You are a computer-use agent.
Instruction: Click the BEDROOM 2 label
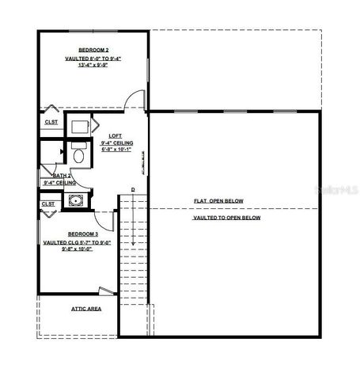pos(93,50)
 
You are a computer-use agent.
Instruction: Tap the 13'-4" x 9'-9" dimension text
pos(93,66)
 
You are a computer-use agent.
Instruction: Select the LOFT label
pos(116,136)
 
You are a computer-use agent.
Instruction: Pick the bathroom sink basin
pos(76,200)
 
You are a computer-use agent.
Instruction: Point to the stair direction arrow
pos(133,237)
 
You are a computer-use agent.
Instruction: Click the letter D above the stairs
pos(133,190)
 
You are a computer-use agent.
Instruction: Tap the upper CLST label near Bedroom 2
pos(51,122)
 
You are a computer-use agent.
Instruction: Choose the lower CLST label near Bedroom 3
pos(48,203)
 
